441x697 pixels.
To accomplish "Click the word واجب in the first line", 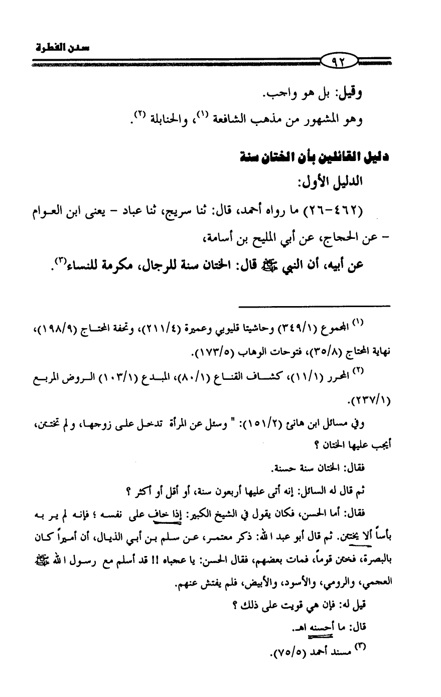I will click(283, 94).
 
